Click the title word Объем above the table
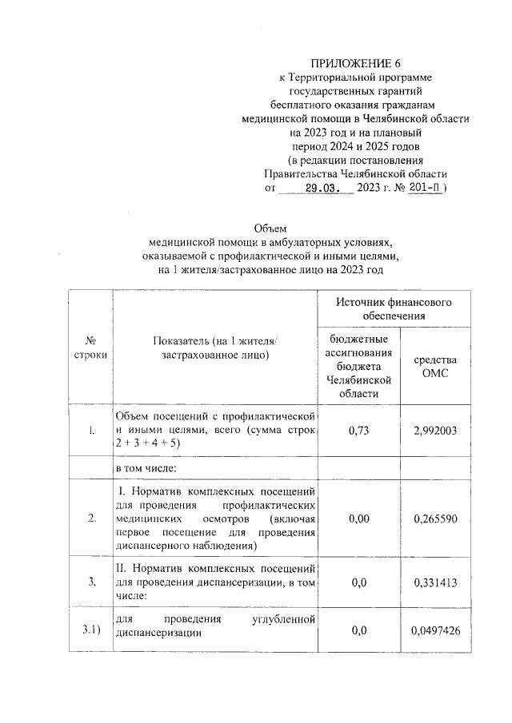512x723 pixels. pyautogui.click(x=269, y=228)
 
